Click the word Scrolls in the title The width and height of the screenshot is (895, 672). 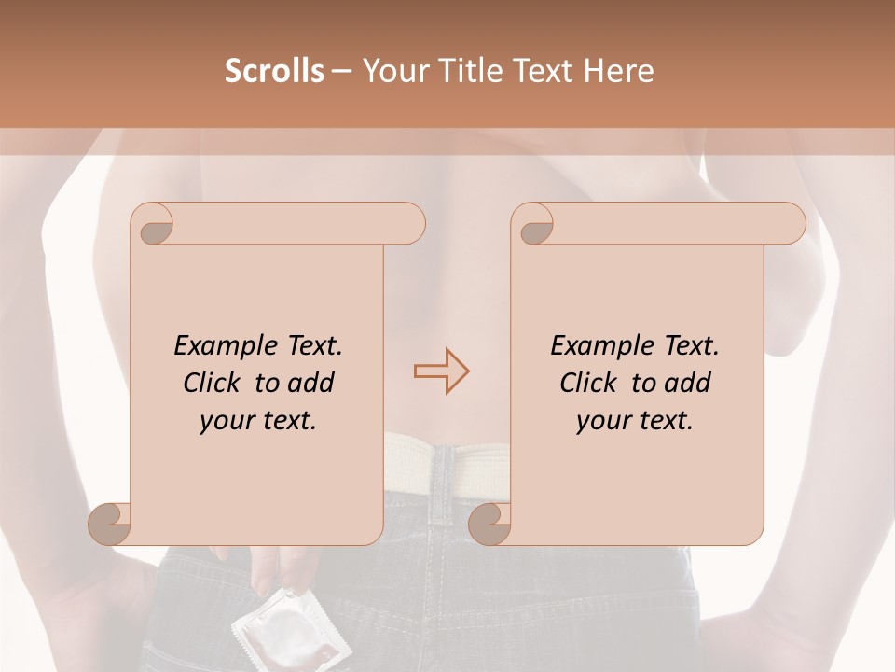click(274, 71)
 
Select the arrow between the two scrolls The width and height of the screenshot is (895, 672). click(441, 371)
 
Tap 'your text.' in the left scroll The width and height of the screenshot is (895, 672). click(258, 421)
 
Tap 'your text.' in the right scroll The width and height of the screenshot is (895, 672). click(635, 421)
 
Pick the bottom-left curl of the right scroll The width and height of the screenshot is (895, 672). click(489, 523)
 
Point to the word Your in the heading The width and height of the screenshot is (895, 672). click(392, 71)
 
